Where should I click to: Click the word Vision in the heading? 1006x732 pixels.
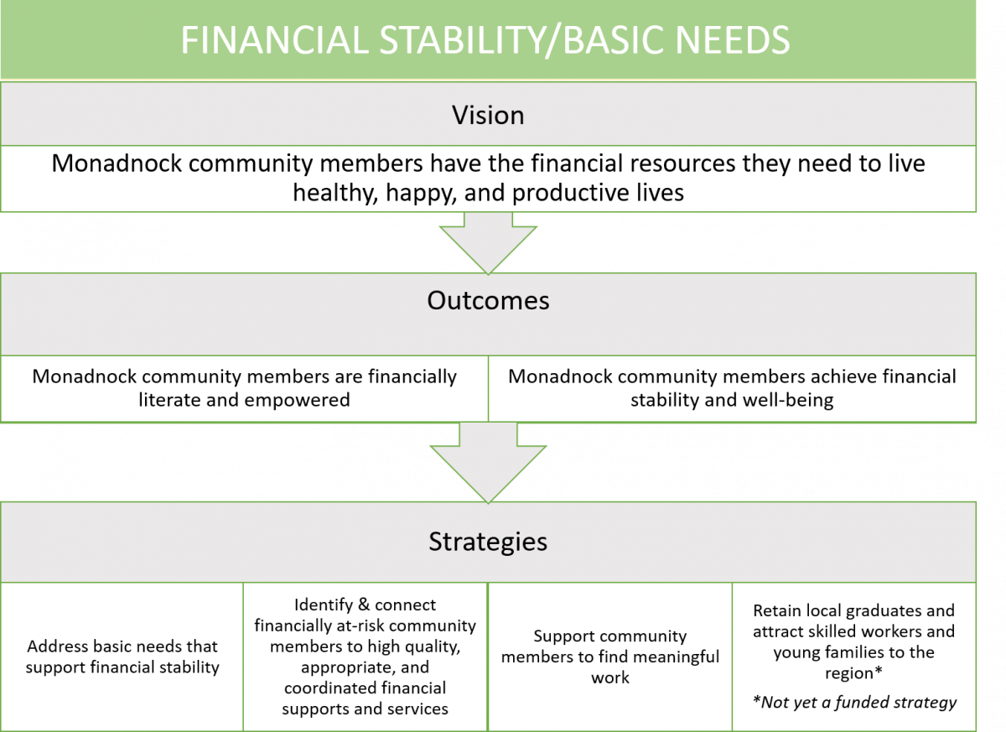click(x=488, y=116)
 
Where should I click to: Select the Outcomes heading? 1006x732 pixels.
click(x=488, y=300)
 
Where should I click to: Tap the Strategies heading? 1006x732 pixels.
click(x=488, y=542)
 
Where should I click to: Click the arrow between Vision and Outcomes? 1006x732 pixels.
click(x=488, y=242)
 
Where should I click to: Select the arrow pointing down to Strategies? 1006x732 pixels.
click(x=488, y=463)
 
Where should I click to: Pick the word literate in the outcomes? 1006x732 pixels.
click(x=169, y=400)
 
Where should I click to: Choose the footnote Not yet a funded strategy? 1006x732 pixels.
click(x=854, y=702)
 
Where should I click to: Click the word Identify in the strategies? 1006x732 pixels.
click(x=324, y=605)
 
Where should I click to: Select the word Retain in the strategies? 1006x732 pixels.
click(x=777, y=610)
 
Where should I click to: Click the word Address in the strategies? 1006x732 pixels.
click(x=58, y=646)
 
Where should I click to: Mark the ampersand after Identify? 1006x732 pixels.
click(x=363, y=605)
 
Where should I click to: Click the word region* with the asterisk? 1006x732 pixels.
click(x=853, y=673)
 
